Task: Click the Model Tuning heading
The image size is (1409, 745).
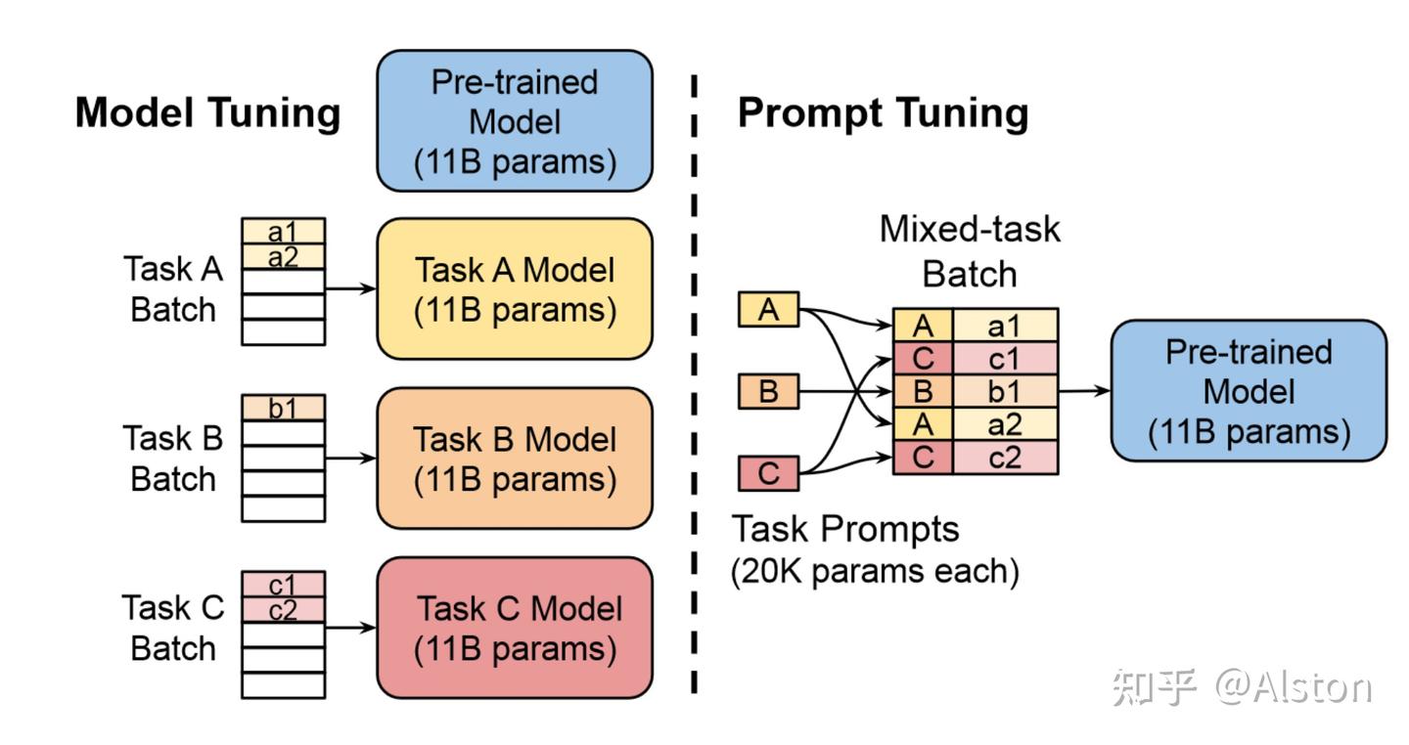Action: click(x=207, y=113)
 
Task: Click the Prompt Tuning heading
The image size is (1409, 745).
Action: click(x=883, y=113)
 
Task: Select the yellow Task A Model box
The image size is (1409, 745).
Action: click(x=515, y=289)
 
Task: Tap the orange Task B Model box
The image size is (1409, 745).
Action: click(x=515, y=459)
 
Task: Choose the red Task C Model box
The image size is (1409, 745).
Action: click(x=515, y=628)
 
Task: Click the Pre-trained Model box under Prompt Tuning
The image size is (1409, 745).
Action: click(x=1249, y=391)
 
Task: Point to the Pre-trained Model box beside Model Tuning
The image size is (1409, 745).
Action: click(x=515, y=121)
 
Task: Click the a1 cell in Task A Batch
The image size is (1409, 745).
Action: click(x=283, y=232)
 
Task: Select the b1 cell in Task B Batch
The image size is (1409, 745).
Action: click(x=283, y=408)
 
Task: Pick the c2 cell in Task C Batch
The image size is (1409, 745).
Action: click(x=283, y=610)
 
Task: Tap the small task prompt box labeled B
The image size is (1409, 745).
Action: click(x=768, y=392)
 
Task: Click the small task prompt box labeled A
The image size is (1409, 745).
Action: click(x=768, y=310)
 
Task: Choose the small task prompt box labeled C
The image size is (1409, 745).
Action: click(x=768, y=474)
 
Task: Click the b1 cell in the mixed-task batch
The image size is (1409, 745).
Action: click(x=1004, y=391)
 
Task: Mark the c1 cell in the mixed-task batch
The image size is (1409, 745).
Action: click(x=1004, y=358)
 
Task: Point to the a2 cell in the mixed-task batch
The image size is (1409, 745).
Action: click(x=1004, y=424)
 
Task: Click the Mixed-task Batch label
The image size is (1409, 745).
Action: click(x=969, y=251)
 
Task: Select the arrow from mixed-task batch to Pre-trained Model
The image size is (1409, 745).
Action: click(x=1084, y=391)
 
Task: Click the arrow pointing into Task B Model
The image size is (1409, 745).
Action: click(x=350, y=458)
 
